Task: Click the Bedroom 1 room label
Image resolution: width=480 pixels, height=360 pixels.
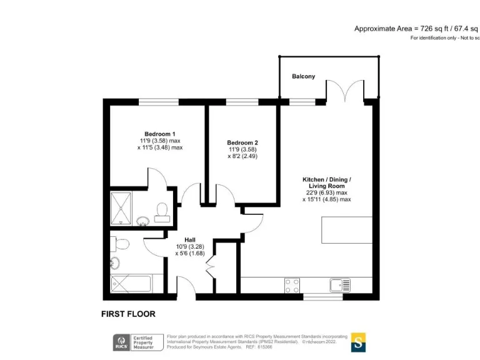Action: coord(160,134)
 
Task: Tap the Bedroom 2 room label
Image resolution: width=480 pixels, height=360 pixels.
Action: coord(242,142)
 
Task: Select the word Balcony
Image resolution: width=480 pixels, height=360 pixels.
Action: coord(303,76)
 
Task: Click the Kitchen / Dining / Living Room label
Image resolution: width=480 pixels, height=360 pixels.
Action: coord(327,182)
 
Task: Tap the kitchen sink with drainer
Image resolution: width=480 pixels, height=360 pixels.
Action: coord(341,285)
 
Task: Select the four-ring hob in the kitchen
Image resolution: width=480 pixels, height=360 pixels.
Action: coord(291,285)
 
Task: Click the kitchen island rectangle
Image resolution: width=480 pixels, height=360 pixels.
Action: coord(347,229)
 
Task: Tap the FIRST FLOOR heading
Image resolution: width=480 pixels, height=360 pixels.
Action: coord(128,314)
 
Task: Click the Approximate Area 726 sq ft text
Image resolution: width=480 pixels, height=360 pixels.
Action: coord(416,29)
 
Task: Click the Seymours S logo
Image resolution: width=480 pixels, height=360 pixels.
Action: coord(358,342)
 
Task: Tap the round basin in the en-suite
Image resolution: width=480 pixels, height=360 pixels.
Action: coord(142,220)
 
